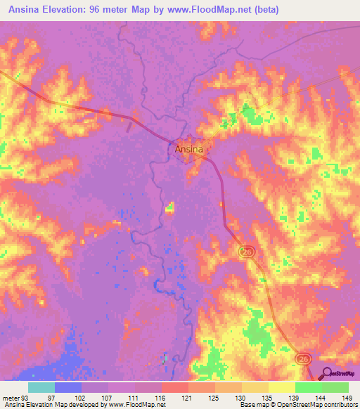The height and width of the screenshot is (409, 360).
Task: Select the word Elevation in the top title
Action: click(x=71, y=10)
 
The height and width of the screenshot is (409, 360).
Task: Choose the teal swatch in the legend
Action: click(x=41, y=387)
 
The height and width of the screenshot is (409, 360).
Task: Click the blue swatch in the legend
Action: click(x=67, y=387)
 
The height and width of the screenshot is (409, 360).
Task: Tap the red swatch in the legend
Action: click(x=174, y=387)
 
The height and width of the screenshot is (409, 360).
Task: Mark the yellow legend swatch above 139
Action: click(x=281, y=387)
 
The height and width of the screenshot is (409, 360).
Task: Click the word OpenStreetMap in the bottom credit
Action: click(x=309, y=405)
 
